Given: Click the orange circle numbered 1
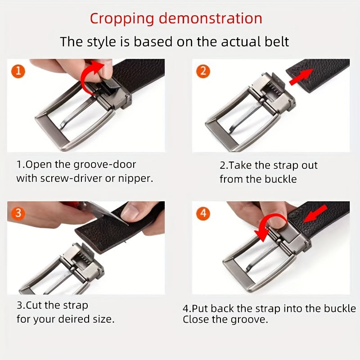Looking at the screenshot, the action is click(x=18, y=71).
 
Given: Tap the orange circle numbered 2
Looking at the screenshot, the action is click(x=203, y=71).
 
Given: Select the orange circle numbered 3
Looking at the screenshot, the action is click(x=18, y=213).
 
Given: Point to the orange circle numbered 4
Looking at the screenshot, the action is click(x=203, y=213).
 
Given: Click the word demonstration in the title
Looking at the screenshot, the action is click(x=210, y=18).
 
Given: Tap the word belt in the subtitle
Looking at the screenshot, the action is click(x=277, y=42).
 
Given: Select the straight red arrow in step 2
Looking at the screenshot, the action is click(x=301, y=77).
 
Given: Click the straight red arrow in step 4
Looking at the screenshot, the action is click(x=315, y=214).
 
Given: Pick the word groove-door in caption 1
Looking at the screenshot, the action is click(x=105, y=165).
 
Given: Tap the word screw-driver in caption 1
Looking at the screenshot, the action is click(x=71, y=178).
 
